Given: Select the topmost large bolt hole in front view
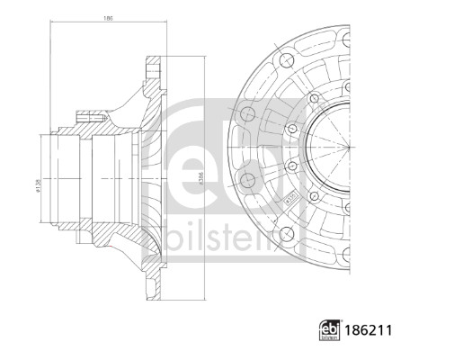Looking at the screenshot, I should click(285, 60).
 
